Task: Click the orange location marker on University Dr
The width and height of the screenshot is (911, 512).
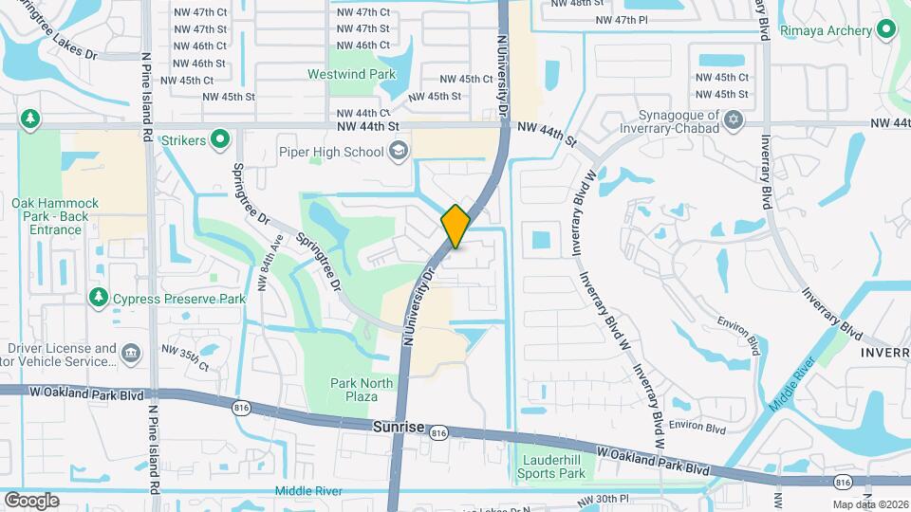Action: tap(455, 227)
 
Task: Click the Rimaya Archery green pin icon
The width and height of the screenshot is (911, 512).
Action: tap(887, 30)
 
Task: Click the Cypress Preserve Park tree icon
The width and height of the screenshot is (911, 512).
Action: tap(98, 299)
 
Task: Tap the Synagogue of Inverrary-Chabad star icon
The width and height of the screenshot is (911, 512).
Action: tap(733, 120)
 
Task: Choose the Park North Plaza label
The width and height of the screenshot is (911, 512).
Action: tap(361, 390)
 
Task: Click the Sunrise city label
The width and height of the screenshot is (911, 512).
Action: tap(399, 428)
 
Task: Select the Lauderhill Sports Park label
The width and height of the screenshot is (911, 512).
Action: tap(553, 466)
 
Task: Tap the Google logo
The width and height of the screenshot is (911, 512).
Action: tap(31, 500)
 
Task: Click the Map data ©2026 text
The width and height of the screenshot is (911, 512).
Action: tap(869, 504)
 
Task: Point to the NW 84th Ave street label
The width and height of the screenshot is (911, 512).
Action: tap(269, 264)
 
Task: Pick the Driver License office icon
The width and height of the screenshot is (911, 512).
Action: tap(131, 355)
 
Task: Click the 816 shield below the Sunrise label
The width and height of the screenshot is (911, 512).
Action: tap(437, 432)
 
